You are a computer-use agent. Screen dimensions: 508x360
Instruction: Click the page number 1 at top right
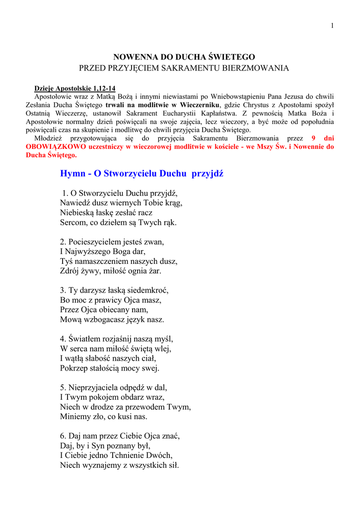[x=332, y=26]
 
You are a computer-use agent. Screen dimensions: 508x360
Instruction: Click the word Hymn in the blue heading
[x=72, y=174]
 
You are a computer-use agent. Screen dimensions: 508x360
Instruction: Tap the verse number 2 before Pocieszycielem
[x=63, y=242]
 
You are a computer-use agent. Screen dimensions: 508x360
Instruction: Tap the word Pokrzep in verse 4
[x=73, y=368]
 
